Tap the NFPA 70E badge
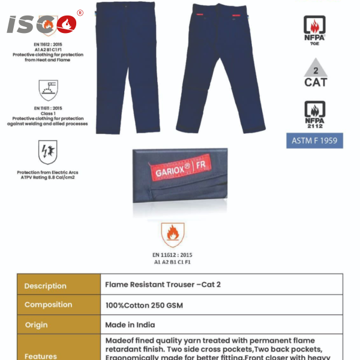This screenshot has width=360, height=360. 315,29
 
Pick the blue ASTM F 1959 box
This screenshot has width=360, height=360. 315,141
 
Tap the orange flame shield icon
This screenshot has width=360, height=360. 173,235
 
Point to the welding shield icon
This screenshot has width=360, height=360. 48,90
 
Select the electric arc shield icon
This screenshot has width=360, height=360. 47,152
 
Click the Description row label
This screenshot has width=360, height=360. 46,286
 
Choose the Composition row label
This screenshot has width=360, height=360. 48,305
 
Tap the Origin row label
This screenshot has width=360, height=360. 37,325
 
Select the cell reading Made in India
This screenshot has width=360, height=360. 130,325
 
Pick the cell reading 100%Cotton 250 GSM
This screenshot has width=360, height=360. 144,305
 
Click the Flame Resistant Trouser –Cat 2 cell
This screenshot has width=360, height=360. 163,284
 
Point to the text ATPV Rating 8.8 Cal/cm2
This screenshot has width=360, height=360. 47,178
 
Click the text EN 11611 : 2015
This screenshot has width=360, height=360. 48,109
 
